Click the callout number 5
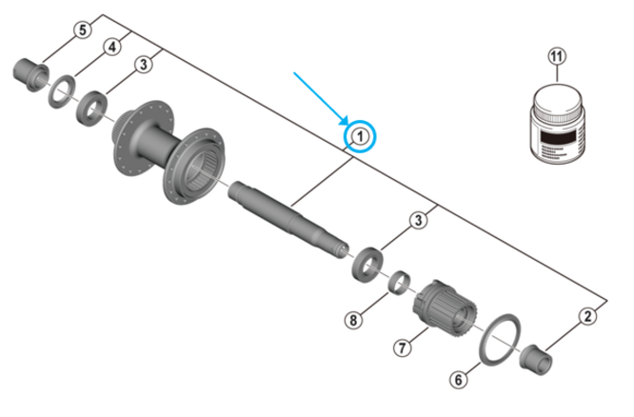coord(83,30)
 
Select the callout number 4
coord(112,47)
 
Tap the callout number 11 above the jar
coord(556,57)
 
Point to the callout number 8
coord(354,320)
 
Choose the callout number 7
coord(403,348)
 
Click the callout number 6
coord(459,380)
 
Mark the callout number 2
coord(589,316)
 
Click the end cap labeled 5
coord(27,70)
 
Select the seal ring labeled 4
coord(61,90)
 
